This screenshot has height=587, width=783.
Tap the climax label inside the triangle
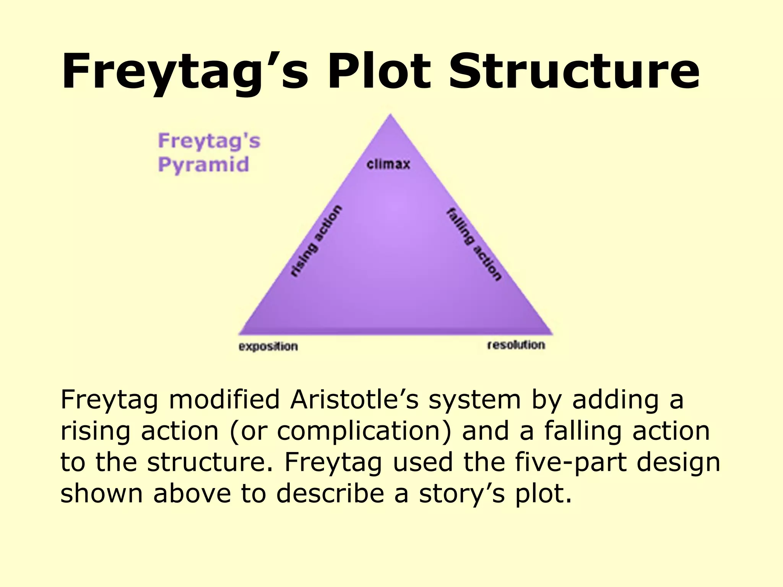[388, 164]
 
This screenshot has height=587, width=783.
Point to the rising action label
[316, 241]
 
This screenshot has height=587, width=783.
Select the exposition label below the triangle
[268, 347]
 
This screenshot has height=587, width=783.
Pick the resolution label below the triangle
[516, 345]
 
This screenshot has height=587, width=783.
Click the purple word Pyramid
[203, 165]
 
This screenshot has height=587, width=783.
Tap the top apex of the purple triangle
[390, 115]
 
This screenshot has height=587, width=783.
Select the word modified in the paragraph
[224, 400]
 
